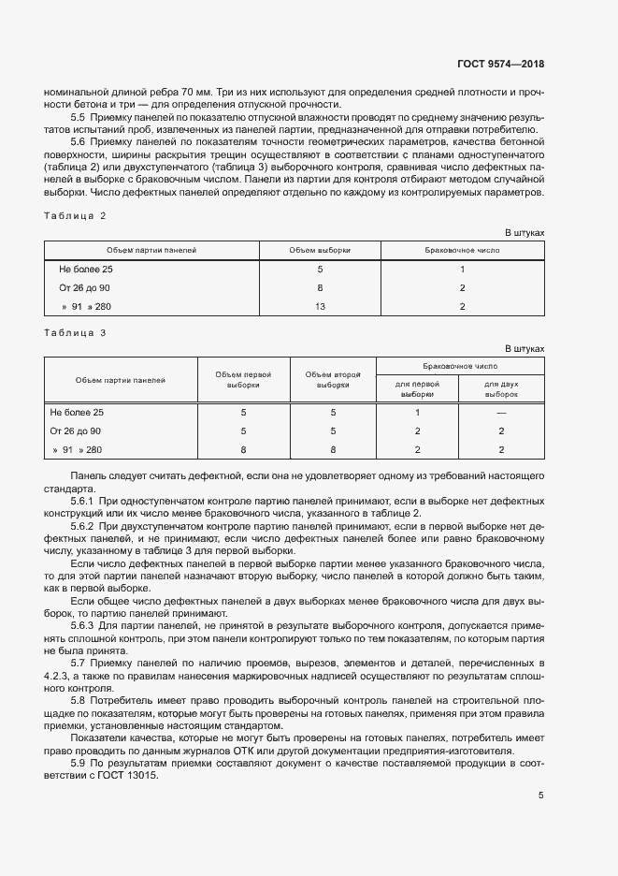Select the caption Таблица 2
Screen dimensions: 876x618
(x=76, y=216)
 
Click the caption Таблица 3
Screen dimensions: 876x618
(x=76, y=333)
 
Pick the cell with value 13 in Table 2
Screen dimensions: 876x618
(x=320, y=306)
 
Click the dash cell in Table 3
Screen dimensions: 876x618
(x=501, y=413)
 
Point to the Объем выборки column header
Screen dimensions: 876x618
(x=320, y=251)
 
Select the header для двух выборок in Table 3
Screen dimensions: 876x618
(x=501, y=388)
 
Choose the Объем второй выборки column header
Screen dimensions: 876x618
(x=333, y=379)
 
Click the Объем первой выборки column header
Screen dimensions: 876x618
(x=243, y=379)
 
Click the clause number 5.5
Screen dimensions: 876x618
(x=78, y=117)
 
